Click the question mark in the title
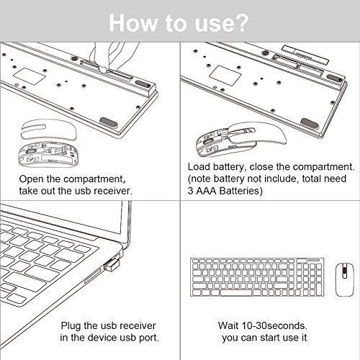coord(240,22)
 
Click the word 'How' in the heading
coord(132,23)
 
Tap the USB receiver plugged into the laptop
coord(112,264)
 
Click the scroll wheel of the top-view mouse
coord(344,271)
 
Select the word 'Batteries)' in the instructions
coord(241,191)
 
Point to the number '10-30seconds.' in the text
coord(274,325)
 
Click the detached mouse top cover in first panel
coord(49,130)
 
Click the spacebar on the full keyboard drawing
coord(236,292)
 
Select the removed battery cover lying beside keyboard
coord(305,55)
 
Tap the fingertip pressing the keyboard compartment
coord(103,69)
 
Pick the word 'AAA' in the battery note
coord(206,191)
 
